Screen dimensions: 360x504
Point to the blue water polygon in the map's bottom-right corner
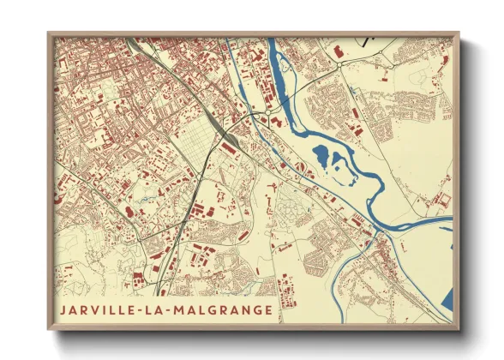pyautogui.click(x=446, y=300)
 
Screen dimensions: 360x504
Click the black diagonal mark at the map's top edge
pyautogui.click(x=370, y=39)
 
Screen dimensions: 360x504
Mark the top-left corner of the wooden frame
pyautogui.click(x=48, y=33)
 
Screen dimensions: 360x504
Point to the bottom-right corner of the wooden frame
pyautogui.click(x=459, y=330)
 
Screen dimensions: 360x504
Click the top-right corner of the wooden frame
pyautogui.click(x=459, y=33)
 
